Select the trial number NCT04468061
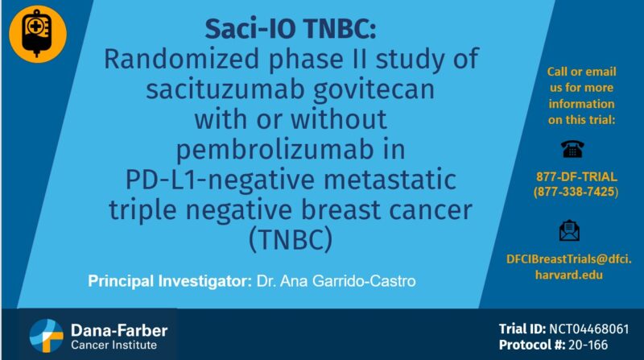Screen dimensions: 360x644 [595, 329]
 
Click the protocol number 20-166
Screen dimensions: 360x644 [594, 345]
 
